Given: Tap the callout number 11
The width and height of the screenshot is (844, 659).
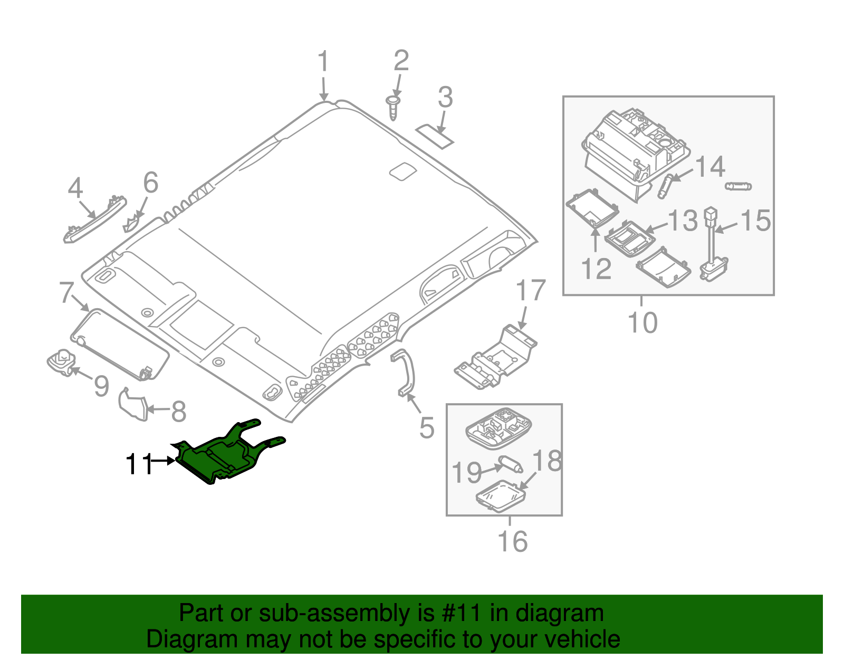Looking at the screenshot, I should click(x=138, y=464).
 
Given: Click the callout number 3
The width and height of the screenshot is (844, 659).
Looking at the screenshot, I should click(x=445, y=98).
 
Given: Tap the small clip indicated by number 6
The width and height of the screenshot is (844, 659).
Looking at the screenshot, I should click(x=132, y=224).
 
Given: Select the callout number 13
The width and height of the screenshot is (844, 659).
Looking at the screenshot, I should click(x=683, y=221).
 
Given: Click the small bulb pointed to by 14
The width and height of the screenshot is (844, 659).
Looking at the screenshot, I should click(x=666, y=186).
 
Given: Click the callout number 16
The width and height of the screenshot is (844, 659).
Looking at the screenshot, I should click(x=512, y=541).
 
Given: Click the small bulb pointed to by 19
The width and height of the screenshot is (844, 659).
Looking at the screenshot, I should click(x=511, y=464).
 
